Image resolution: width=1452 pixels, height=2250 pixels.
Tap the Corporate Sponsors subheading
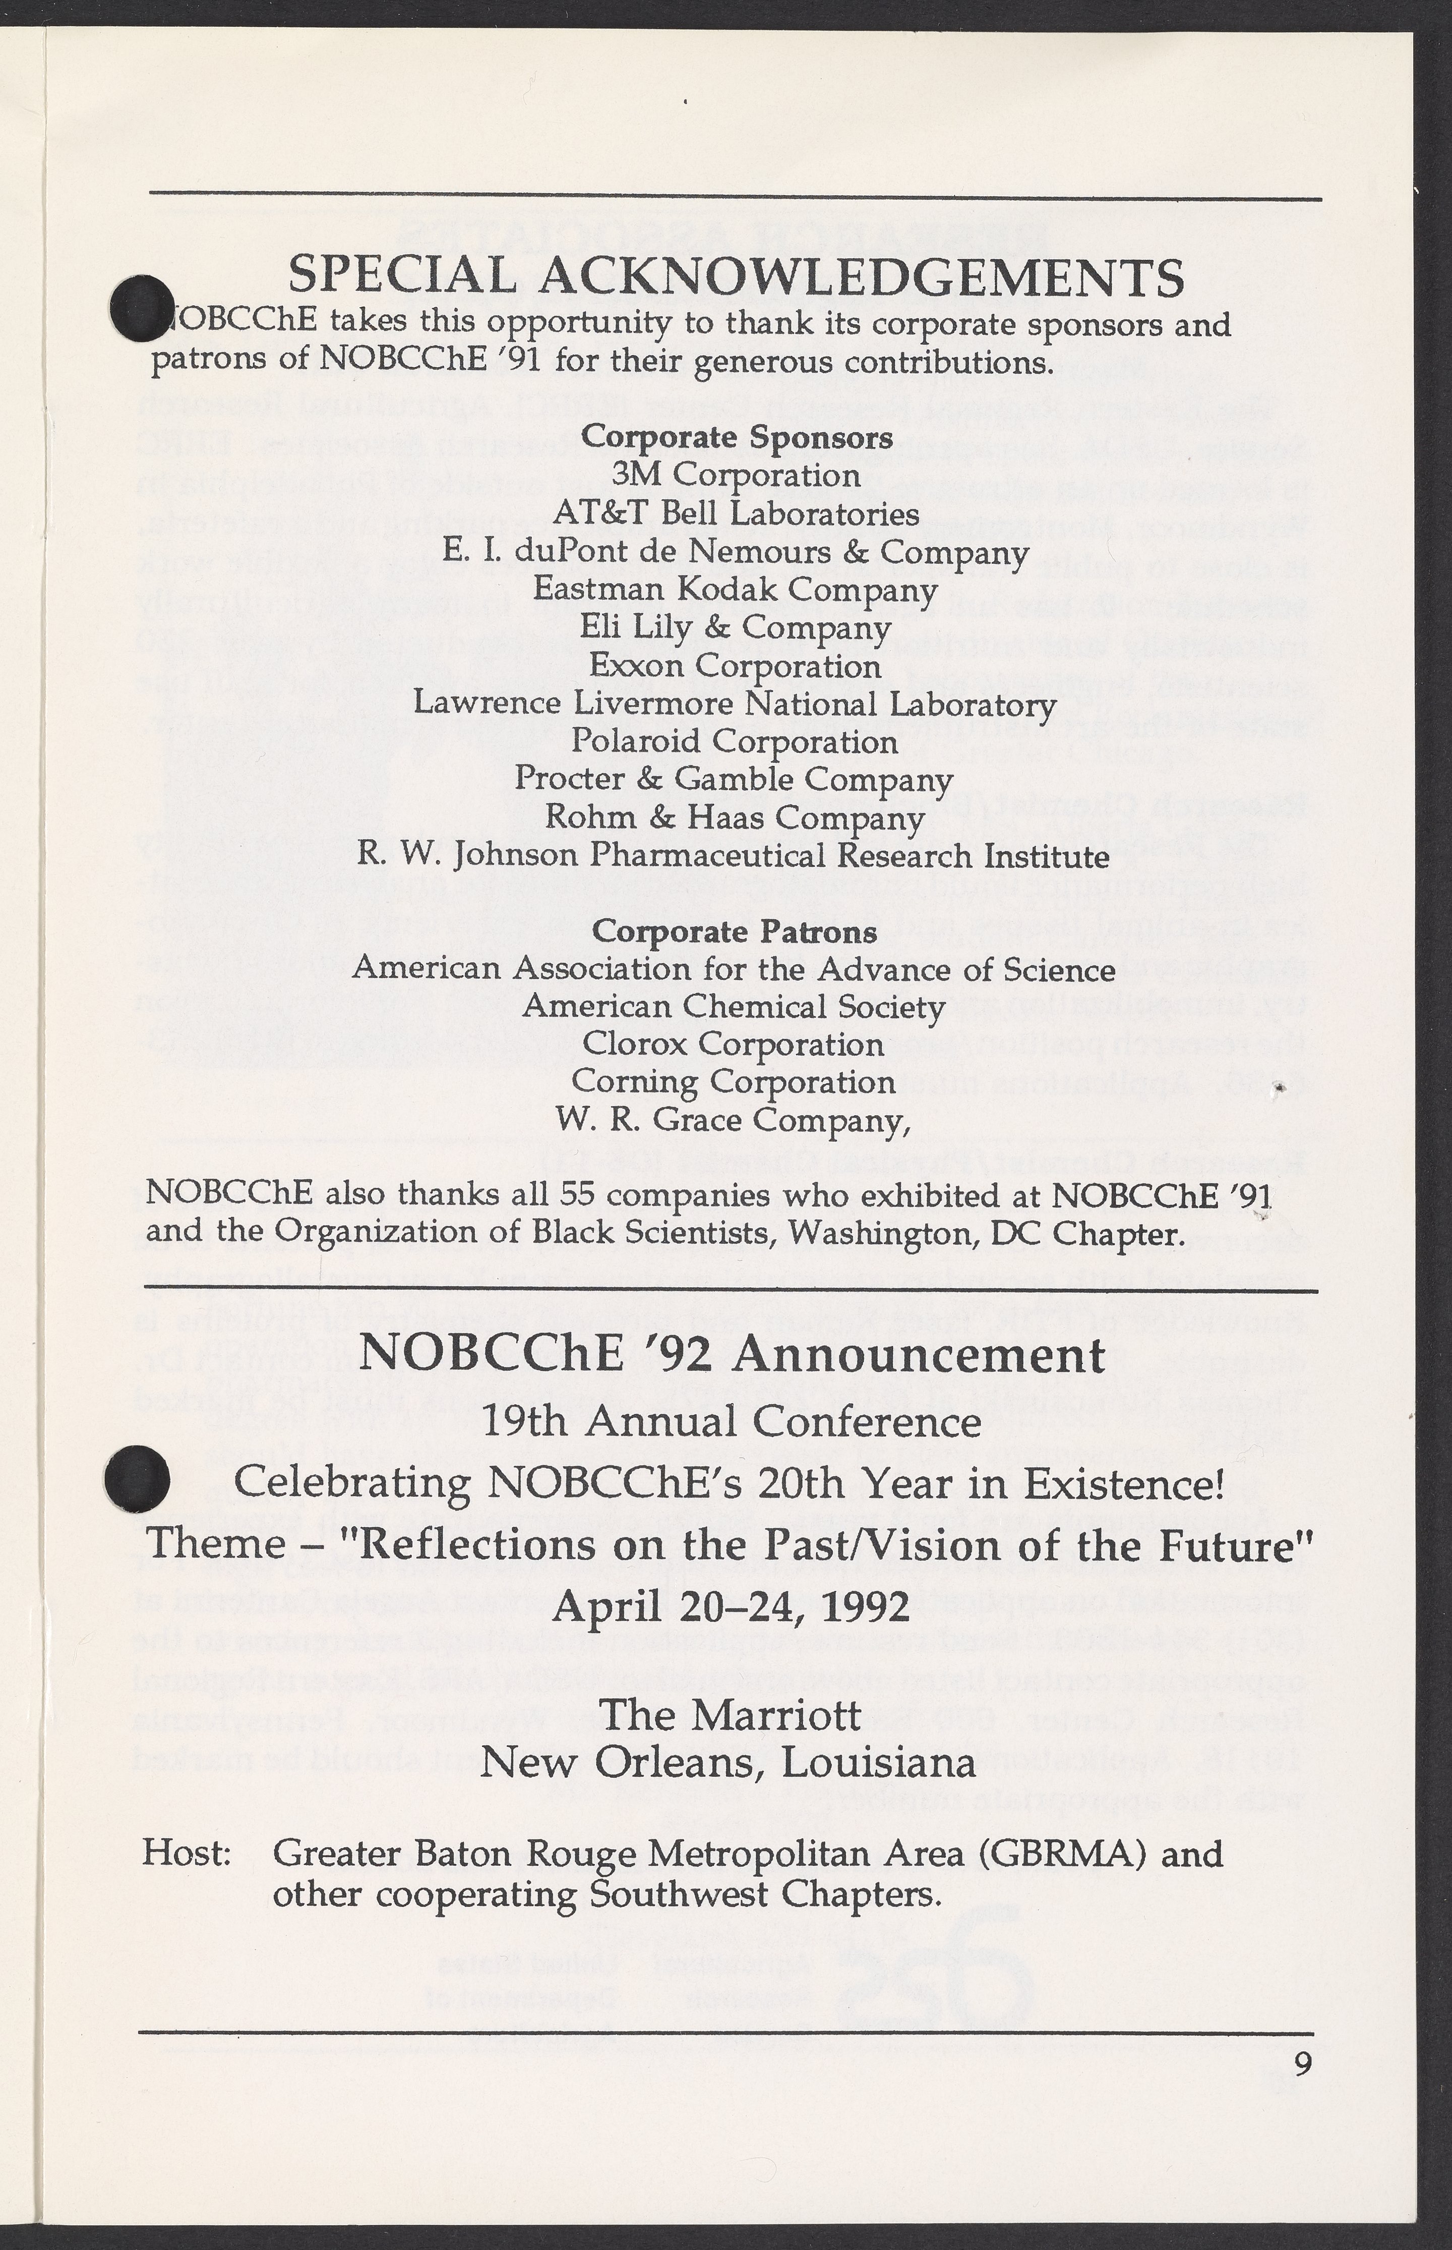[x=737, y=438]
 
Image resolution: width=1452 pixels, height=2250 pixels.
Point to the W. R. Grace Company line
[x=734, y=1120]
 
